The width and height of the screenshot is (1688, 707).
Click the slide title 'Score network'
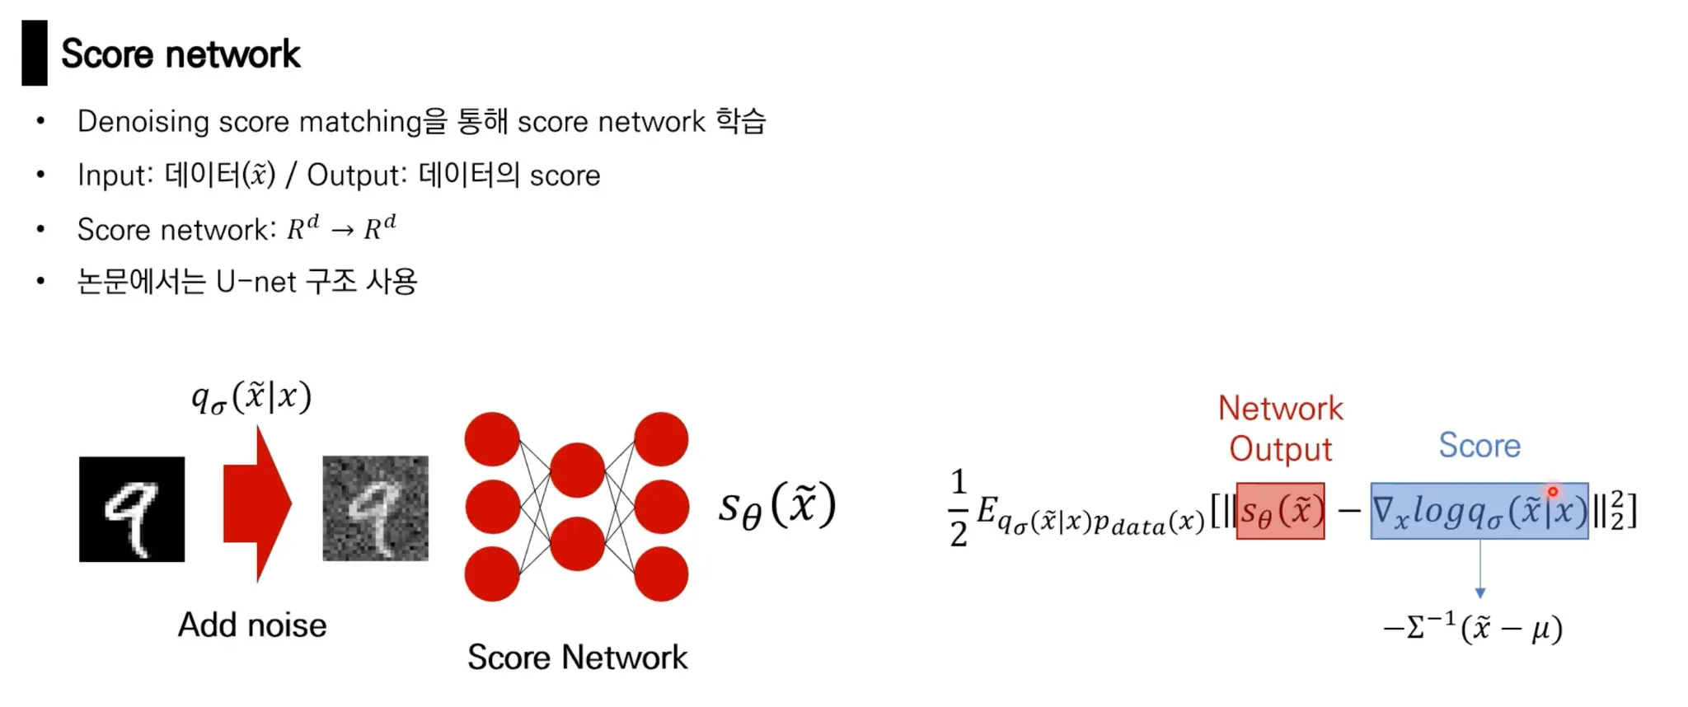click(x=181, y=54)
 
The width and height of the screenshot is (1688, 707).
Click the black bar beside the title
click(x=35, y=54)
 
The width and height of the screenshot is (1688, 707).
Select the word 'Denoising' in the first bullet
click(x=143, y=122)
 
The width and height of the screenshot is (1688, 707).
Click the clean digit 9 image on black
click(x=132, y=509)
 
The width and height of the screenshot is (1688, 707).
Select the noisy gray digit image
click(x=375, y=508)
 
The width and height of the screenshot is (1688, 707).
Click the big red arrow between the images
click(x=257, y=504)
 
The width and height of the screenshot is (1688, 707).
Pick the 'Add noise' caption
click(x=252, y=625)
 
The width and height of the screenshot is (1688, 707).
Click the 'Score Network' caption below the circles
click(x=577, y=658)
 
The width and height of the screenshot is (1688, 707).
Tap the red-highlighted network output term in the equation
click(x=1280, y=512)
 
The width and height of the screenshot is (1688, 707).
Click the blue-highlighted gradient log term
click(x=1479, y=512)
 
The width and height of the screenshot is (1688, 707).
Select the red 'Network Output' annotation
click(x=1280, y=428)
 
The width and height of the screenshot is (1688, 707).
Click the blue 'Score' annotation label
click(x=1479, y=446)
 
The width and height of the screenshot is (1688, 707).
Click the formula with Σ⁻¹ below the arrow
click(x=1473, y=629)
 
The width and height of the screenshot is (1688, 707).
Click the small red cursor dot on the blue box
click(x=1553, y=492)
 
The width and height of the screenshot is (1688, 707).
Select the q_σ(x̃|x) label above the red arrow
click(x=251, y=398)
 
